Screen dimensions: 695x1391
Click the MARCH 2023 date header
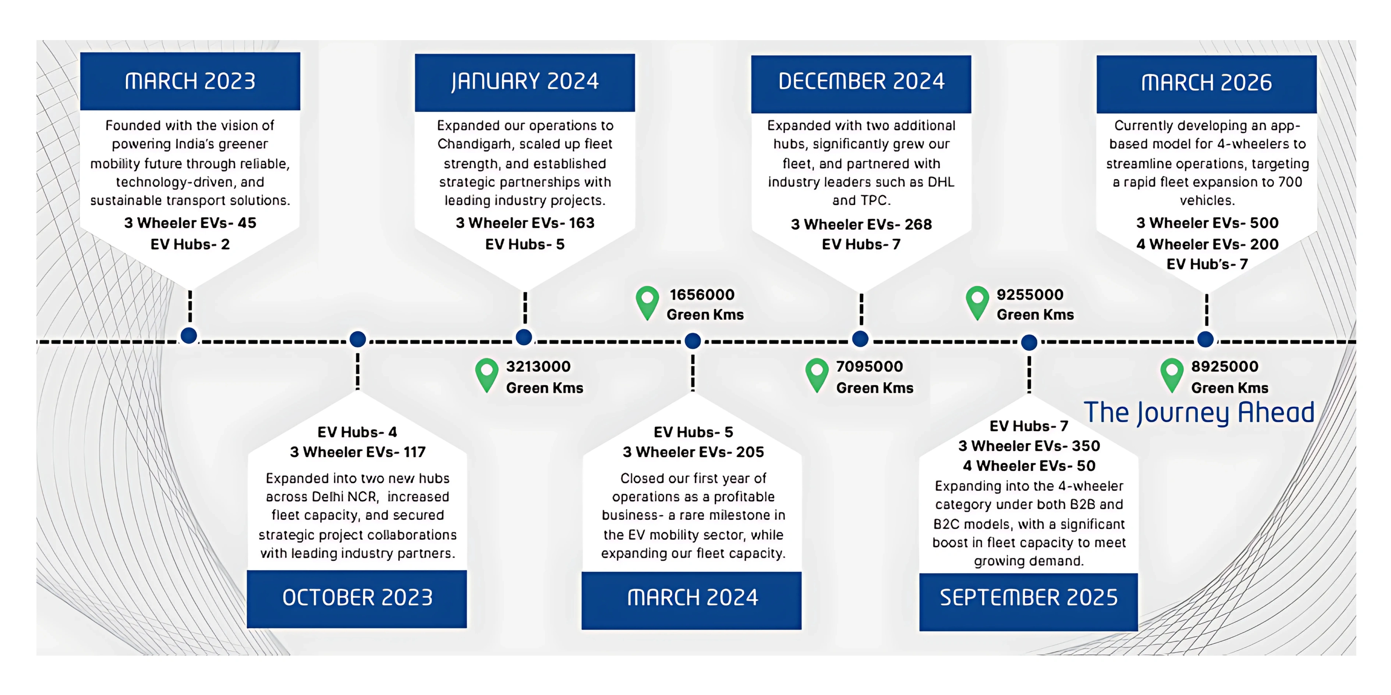tap(190, 82)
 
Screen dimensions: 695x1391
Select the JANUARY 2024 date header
tap(525, 82)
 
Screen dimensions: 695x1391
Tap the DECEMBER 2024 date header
tap(861, 82)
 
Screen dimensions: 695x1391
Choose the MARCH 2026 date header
tap(1206, 83)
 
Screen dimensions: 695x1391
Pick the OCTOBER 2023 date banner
tap(357, 598)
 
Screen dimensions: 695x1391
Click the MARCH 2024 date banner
tap(692, 598)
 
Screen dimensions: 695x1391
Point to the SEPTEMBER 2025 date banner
tap(1029, 598)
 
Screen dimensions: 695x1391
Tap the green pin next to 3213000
tap(486, 374)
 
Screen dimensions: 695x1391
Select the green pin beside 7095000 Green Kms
tap(817, 374)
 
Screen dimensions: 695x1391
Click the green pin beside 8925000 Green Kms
tap(1172, 374)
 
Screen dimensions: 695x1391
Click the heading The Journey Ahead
tap(1199, 413)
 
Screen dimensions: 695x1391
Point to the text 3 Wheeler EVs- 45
tap(190, 223)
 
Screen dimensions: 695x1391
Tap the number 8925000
tap(1225, 366)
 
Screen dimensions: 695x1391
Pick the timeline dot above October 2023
tap(357, 339)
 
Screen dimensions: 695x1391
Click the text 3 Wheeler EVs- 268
tap(861, 224)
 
